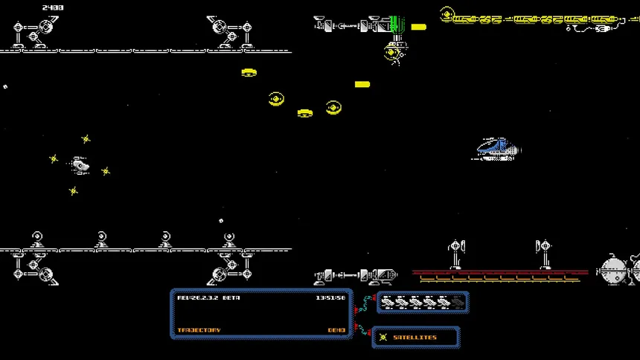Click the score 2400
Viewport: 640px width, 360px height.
click(x=52, y=7)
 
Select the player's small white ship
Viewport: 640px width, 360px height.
click(x=80, y=165)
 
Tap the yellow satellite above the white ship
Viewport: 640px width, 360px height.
click(x=86, y=139)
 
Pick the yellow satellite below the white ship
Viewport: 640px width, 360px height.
click(x=73, y=191)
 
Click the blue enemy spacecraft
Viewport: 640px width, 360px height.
click(x=498, y=149)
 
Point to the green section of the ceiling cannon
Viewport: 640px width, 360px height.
click(x=394, y=25)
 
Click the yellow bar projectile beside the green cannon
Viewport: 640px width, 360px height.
click(x=419, y=27)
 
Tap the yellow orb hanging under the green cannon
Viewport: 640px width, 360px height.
click(x=394, y=52)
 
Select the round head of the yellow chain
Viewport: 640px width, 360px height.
click(x=447, y=14)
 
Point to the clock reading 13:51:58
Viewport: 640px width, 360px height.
click(x=330, y=298)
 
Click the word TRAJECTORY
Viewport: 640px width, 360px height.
click(x=199, y=330)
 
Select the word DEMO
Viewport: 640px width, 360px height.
click(x=336, y=330)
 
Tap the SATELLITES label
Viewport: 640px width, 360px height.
click(x=415, y=338)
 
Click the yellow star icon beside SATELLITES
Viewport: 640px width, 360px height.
click(x=383, y=338)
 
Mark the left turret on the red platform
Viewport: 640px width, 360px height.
click(x=456, y=253)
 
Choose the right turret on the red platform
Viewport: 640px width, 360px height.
click(x=545, y=253)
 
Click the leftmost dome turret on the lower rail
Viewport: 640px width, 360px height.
click(x=36, y=240)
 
